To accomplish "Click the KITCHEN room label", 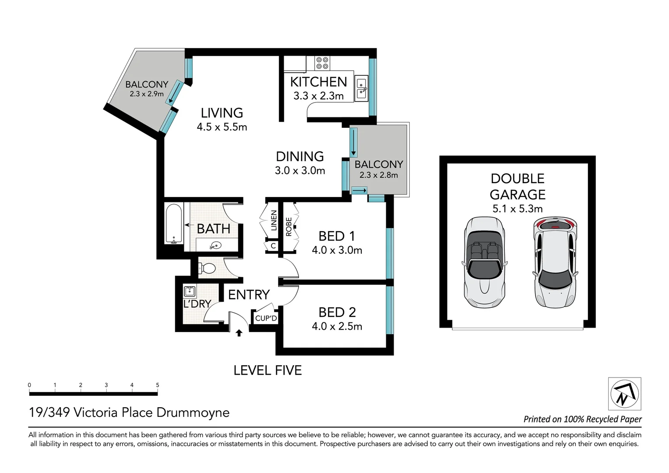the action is click(x=318, y=82).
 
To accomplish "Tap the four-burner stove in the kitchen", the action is click(x=322, y=63).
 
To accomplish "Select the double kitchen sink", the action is click(x=361, y=88).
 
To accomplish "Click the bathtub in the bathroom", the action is click(x=174, y=224).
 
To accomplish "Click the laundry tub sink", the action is click(x=190, y=291).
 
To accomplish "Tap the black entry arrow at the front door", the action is click(x=239, y=333).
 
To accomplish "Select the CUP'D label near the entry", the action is click(x=266, y=318).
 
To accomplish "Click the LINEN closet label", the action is click(x=274, y=220).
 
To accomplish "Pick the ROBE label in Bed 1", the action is click(x=289, y=227).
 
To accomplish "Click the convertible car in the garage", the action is click(x=484, y=262).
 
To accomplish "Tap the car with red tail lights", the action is click(x=555, y=262).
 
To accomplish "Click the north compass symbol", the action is click(x=624, y=394).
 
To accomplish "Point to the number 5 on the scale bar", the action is click(x=157, y=385).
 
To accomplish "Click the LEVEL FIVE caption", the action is click(x=268, y=371).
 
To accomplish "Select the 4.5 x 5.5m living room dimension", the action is click(x=222, y=127).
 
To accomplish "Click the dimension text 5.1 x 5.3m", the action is click(x=518, y=208).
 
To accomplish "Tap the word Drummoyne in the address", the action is click(x=193, y=413).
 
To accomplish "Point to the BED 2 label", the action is click(x=337, y=312).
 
